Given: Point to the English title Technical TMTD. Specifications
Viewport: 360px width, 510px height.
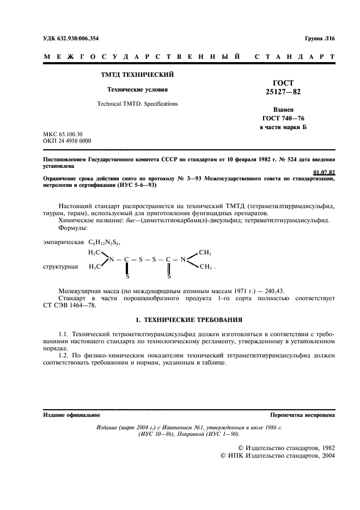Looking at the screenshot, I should pyautogui.click(x=137, y=103).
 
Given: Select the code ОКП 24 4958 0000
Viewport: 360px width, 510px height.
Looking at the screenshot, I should pyautogui.click(x=67, y=141).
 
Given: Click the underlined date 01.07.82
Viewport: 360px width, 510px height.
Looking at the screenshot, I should pyautogui.click(x=324, y=173).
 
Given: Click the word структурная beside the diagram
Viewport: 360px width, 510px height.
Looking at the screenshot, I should pyautogui.click(x=59, y=267).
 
